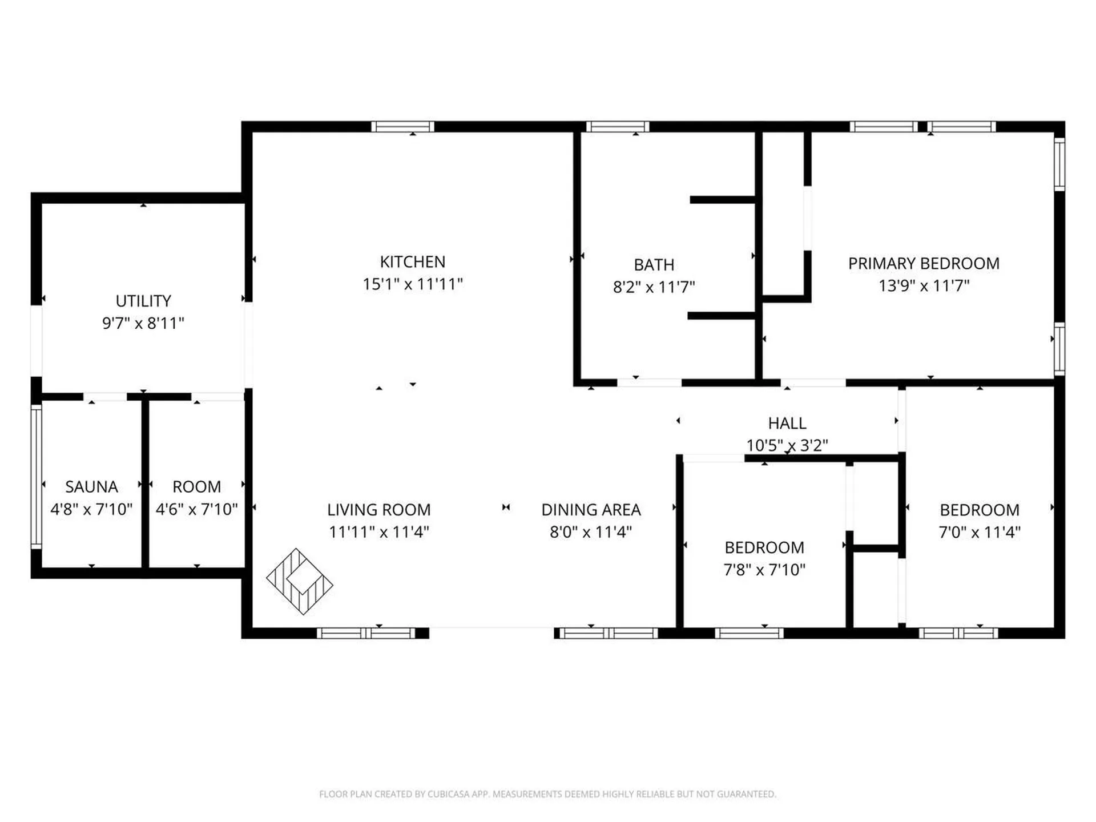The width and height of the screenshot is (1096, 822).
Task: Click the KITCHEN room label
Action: (x=412, y=262)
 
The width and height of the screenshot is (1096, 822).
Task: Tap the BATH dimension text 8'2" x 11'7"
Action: (x=654, y=287)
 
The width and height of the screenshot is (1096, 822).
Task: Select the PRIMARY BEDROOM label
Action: (x=924, y=264)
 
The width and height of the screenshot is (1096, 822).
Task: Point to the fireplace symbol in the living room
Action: (x=300, y=581)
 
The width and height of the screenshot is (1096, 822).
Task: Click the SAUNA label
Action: (x=91, y=487)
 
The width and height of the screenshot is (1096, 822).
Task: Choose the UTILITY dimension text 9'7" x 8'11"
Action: (x=143, y=323)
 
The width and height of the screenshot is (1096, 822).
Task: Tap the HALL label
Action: (x=787, y=424)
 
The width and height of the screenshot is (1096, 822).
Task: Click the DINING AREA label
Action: (x=591, y=510)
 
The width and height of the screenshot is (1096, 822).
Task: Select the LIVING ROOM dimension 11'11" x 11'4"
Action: (x=378, y=532)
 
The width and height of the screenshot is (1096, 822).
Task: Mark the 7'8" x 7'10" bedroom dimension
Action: (x=764, y=570)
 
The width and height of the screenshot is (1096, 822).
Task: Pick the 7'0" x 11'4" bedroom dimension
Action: (x=980, y=532)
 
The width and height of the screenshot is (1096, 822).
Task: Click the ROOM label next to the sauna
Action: (x=196, y=487)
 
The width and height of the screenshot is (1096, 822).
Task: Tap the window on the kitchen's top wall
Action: (x=402, y=127)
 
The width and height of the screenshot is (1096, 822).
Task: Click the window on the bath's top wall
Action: (x=618, y=127)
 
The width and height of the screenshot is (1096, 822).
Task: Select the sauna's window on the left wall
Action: (x=36, y=477)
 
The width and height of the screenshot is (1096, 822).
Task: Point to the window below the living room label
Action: (x=366, y=633)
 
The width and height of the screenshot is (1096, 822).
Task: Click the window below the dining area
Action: (x=608, y=633)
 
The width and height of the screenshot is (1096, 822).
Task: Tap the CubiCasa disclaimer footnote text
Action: (x=547, y=794)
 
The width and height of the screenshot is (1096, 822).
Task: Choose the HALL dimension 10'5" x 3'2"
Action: (x=787, y=445)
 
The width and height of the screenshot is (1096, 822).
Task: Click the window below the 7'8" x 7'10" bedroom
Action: (x=749, y=633)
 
